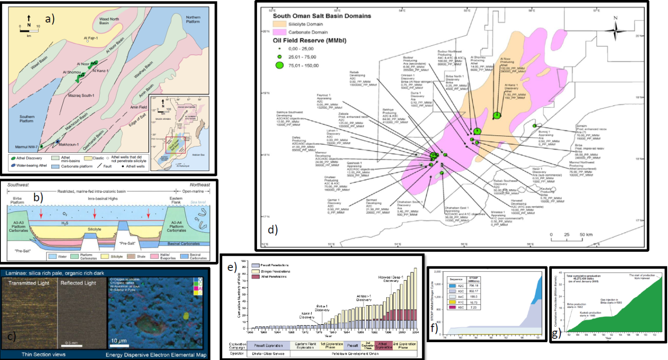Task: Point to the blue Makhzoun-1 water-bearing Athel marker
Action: [x=57, y=141]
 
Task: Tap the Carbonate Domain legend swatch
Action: [x=281, y=32]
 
